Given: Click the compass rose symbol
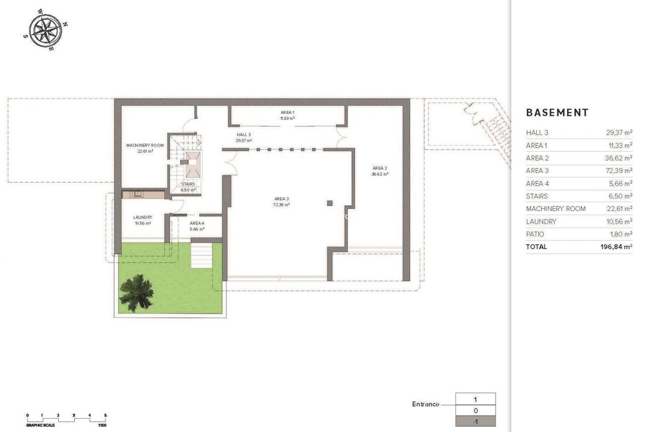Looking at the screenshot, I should tap(46, 30).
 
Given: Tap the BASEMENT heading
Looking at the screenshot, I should tap(557, 113).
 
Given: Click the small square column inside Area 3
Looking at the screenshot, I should tap(329, 203).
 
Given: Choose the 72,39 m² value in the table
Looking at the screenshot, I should tap(619, 171).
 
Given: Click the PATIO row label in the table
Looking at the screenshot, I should tap(535, 234).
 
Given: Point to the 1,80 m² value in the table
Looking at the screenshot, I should tap(620, 234).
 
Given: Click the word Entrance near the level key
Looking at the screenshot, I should tap(425, 404).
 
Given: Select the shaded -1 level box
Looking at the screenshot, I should tap(475, 421).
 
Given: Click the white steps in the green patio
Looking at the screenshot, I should tap(202, 255).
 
